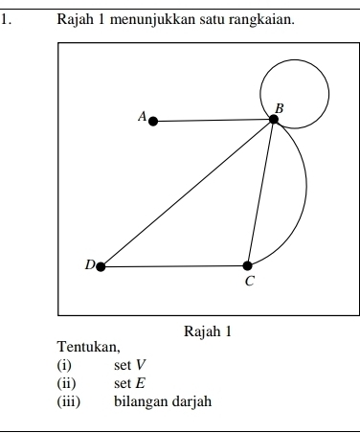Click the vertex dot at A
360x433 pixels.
(x=153, y=121)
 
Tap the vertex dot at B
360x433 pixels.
(x=274, y=119)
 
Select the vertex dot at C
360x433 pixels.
(x=248, y=265)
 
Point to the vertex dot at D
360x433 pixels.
(x=101, y=266)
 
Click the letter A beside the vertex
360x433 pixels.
(x=142, y=116)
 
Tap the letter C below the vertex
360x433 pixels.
(x=250, y=282)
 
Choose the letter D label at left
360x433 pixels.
(x=89, y=264)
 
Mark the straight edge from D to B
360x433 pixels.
(x=187, y=193)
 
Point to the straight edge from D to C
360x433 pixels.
(x=174, y=266)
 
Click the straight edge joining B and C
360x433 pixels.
(x=260, y=193)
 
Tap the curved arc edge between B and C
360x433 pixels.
(x=304, y=196)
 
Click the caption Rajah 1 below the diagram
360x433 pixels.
(x=208, y=332)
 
